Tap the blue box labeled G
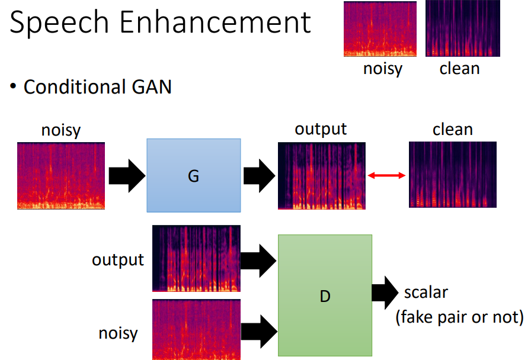(193, 175)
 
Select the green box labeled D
(325, 295)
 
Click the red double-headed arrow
(386, 175)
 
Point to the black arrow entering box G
(126, 175)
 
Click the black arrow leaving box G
(259, 175)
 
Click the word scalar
(426, 292)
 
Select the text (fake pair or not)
(459, 317)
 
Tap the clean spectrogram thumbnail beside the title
(463, 28)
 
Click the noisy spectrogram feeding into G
(61, 175)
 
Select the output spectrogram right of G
(322, 176)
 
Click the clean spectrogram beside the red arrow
(452, 174)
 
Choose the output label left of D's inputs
(118, 260)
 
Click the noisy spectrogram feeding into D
(197, 329)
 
